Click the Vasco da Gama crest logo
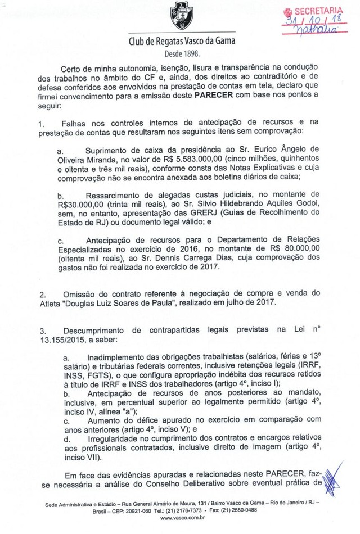(183, 18)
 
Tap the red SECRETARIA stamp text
(318, 10)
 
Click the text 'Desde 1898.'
(182, 55)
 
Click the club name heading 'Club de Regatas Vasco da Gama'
(182, 42)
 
